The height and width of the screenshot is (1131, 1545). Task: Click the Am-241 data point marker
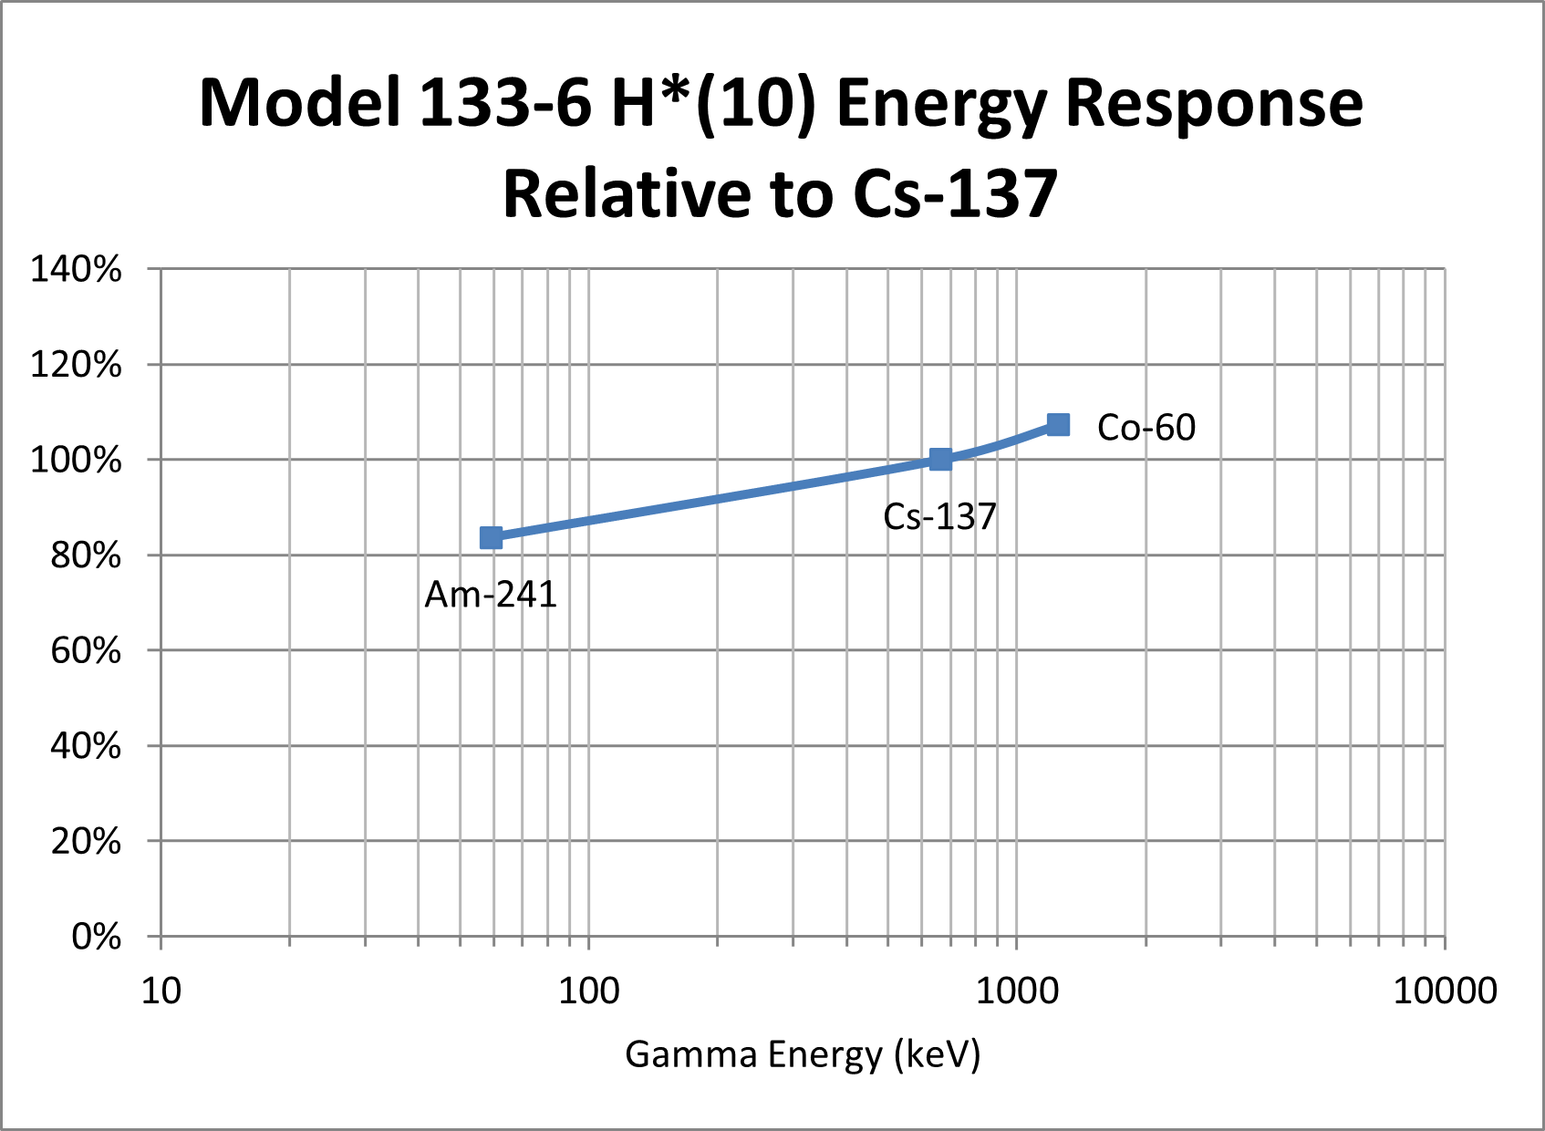coord(491,538)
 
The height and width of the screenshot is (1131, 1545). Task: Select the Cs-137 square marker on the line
coord(940,459)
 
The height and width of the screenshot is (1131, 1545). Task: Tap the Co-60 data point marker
coord(1058,425)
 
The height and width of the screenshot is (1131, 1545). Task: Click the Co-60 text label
coord(1146,428)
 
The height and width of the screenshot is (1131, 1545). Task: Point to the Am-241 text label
coord(491,595)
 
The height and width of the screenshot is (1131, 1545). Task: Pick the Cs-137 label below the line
coord(939,517)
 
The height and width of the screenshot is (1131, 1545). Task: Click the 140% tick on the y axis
coord(76,270)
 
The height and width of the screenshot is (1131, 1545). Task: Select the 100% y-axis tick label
coord(76,460)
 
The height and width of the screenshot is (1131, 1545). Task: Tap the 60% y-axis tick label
coord(86,651)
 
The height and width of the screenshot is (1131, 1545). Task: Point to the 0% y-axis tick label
coord(96,937)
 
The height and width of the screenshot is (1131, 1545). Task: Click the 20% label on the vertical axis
coord(86,841)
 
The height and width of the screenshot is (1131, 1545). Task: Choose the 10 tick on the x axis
coord(161,991)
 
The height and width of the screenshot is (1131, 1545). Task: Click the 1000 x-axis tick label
coord(1017,991)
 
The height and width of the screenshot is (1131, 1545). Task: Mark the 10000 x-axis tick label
coord(1445,991)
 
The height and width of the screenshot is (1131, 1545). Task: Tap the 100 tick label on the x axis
coord(588,991)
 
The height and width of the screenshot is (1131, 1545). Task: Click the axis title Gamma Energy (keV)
coord(803,1054)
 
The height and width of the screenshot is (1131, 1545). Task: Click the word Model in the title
coord(300,102)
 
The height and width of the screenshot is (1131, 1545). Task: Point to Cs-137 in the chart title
coord(955,193)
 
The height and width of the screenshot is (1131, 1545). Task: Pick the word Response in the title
coord(1213,102)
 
